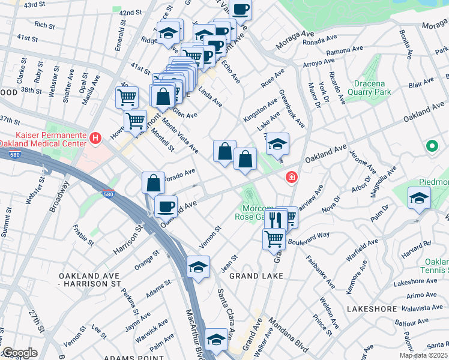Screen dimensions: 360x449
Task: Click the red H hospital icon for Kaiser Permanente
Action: point(95,139)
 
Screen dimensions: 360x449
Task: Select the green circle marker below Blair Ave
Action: point(431,146)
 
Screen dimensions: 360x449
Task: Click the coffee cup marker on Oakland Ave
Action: point(166,206)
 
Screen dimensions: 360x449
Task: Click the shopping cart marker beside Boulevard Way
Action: point(274,238)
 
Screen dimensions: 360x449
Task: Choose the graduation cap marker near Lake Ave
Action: point(277,143)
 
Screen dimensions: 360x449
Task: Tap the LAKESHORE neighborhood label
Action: point(372,309)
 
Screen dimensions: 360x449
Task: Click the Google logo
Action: point(20,353)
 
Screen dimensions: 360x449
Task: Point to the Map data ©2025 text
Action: point(423,355)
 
